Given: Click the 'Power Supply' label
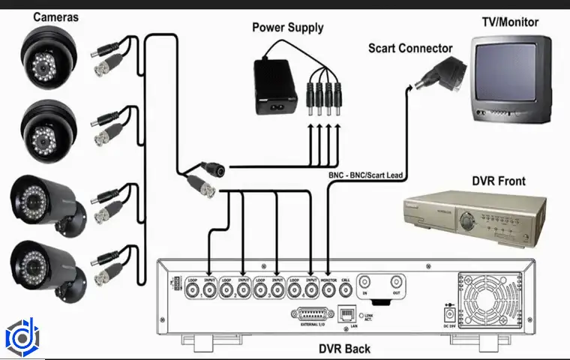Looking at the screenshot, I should coord(287,28).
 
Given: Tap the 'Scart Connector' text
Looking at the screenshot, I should coord(410,49).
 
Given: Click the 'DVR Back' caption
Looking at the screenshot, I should coord(344,349).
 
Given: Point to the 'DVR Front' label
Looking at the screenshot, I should coord(499,181).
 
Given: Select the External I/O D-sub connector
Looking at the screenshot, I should coord(310,313).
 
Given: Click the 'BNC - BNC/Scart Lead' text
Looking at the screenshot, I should coord(366,175).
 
